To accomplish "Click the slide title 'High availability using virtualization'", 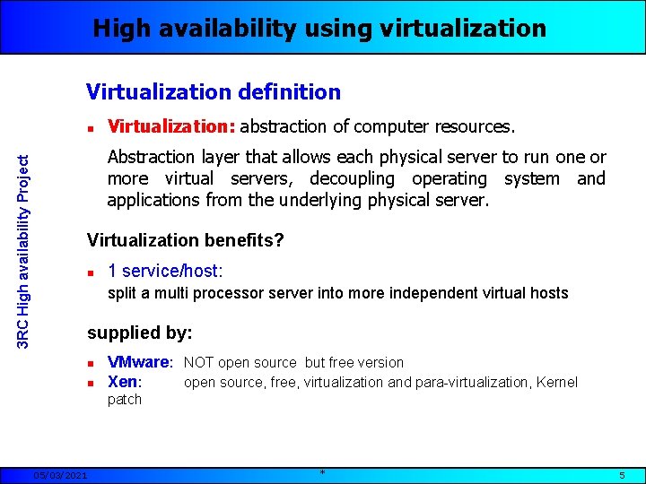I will tap(319, 29).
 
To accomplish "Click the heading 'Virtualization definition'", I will tap(214, 91).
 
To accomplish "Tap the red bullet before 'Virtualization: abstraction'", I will tap(92, 128).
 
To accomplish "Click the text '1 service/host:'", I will tap(165, 271).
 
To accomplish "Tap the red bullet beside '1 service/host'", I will tap(92, 272).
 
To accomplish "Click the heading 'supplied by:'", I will tap(140, 333).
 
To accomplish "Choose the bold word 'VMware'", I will tap(138, 362).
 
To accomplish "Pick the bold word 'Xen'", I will tap(123, 382).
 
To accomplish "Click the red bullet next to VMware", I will tap(92, 363).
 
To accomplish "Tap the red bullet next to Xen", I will tap(92, 383).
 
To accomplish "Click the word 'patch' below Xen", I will tap(125, 400).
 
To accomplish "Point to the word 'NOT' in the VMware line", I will tap(199, 362).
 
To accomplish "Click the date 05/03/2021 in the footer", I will tap(61, 475).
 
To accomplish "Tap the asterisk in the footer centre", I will tap(322, 471).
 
